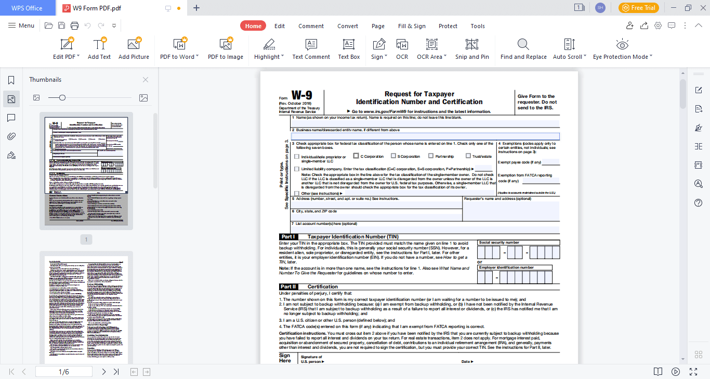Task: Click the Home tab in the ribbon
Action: [253, 26]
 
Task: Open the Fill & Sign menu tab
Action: [412, 26]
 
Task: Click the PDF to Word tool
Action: [179, 49]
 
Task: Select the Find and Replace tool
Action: [523, 49]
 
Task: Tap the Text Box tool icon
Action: [349, 49]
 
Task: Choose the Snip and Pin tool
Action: [472, 49]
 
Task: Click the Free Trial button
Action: [638, 8]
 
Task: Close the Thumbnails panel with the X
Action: [146, 80]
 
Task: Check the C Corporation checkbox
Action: [356, 156]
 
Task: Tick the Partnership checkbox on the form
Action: [431, 156]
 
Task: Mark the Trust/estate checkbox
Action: [468, 156]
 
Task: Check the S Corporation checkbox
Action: [393, 156]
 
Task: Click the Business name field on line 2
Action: [425, 136]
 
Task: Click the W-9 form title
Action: [302, 95]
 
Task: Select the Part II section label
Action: [288, 287]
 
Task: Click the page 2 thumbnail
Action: [86, 307]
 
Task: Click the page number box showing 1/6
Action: [64, 372]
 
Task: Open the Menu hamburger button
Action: [21, 26]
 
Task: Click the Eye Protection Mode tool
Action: [622, 49]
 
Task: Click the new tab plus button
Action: [196, 8]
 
